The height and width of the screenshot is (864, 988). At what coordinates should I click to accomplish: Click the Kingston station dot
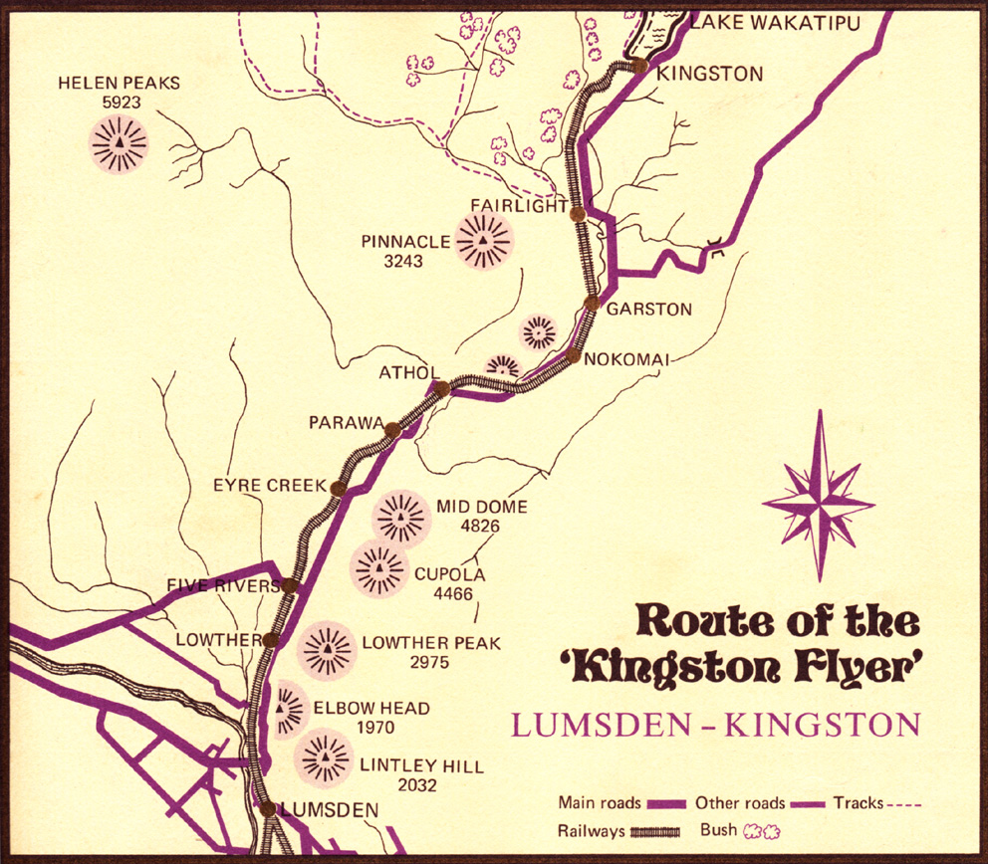[638, 67]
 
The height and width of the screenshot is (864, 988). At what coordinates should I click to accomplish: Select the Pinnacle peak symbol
[483, 241]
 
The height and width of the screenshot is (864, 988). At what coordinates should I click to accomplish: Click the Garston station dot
[592, 302]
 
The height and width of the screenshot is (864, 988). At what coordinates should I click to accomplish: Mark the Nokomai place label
[627, 358]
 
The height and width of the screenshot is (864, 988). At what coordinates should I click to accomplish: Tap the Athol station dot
[442, 388]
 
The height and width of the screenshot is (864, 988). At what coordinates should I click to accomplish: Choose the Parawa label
[346, 423]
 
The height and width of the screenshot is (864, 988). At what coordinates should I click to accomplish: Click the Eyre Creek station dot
[338, 489]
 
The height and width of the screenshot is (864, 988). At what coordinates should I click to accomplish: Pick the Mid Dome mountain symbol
[401, 519]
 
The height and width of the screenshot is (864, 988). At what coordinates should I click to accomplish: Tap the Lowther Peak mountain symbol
[327, 649]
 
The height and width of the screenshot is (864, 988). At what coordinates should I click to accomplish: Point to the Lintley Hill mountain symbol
[323, 757]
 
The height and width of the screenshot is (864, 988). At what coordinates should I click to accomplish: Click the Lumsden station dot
[268, 808]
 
